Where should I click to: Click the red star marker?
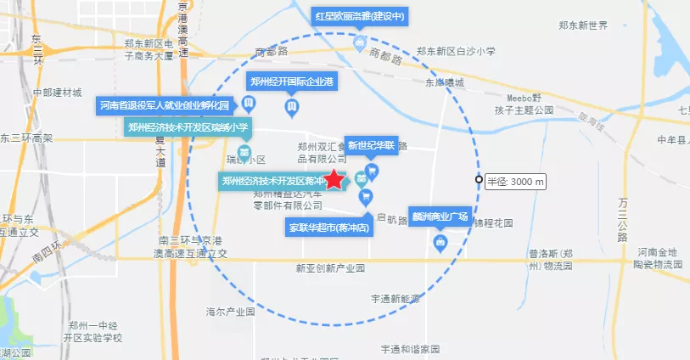tap(335, 179)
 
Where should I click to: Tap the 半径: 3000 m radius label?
tap(516, 182)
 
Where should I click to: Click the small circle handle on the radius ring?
tap(479, 180)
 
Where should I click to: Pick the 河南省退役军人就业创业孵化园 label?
tap(165, 106)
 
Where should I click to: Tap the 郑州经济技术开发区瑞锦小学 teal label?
tap(187, 128)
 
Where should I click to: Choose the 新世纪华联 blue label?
tap(372, 145)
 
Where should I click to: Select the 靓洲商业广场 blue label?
tap(440, 217)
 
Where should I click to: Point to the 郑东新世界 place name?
tap(580, 25)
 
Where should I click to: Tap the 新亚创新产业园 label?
tap(330, 268)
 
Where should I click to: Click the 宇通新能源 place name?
tap(395, 299)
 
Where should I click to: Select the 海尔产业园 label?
tap(230, 312)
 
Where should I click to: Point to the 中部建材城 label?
tap(57, 92)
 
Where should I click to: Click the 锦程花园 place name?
tap(493, 223)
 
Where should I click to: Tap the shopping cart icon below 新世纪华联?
tap(372, 172)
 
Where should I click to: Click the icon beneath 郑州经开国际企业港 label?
tap(291, 107)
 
